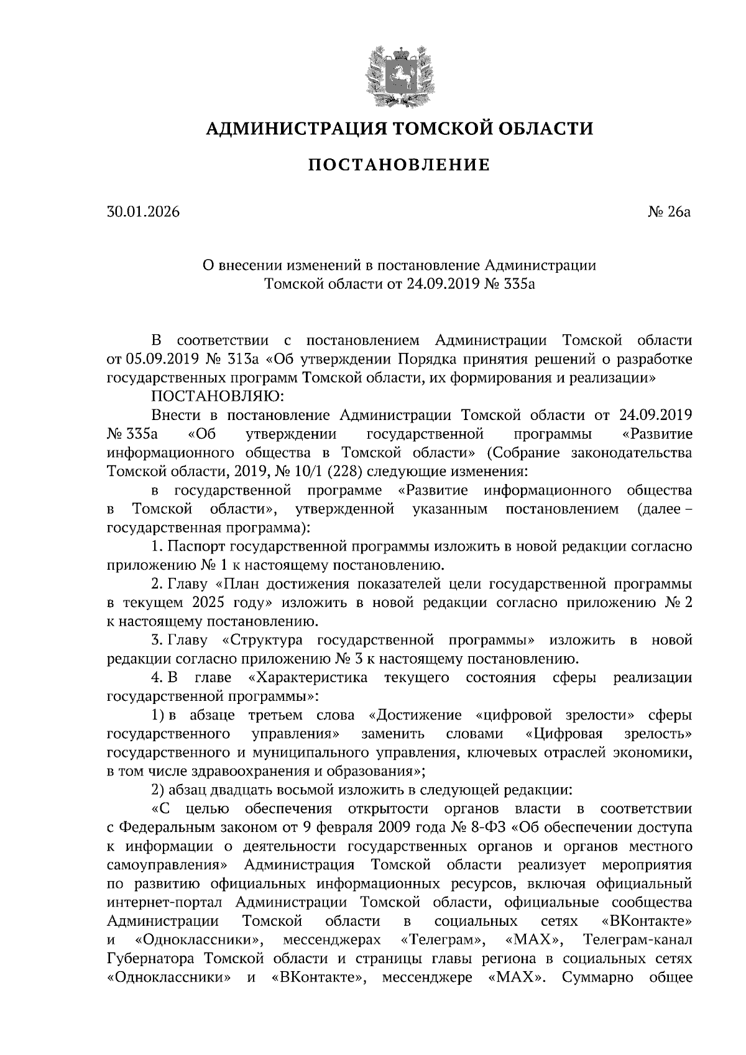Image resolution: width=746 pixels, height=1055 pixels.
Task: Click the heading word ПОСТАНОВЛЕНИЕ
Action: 399,165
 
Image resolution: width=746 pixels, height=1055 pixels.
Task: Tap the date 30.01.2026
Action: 143,212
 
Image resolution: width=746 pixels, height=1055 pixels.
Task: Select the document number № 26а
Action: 670,212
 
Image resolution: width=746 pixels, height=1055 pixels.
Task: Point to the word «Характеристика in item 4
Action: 308,677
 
